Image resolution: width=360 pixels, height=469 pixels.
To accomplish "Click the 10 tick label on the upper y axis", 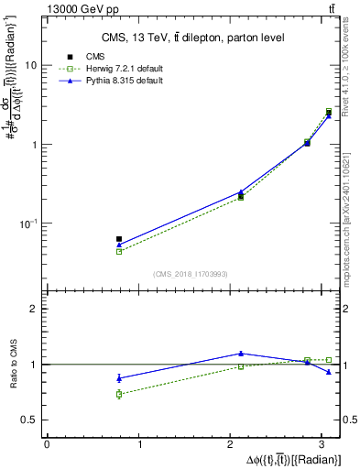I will point(31,66).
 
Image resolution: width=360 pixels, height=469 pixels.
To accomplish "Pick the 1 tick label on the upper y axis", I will point(34,145).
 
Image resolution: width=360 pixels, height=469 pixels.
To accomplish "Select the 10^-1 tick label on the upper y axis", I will point(30,224).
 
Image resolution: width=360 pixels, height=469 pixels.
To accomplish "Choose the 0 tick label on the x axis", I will point(47,444).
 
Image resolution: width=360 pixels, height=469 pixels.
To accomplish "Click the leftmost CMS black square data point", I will point(119,239).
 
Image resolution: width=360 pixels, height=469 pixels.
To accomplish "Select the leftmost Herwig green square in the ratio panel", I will point(119,394).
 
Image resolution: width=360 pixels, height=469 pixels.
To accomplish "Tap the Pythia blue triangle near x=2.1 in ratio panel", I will point(241,353).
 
